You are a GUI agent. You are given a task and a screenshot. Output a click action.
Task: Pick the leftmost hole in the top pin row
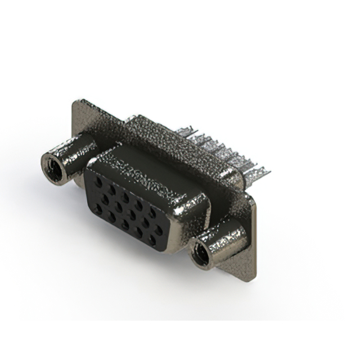click(x=100, y=181)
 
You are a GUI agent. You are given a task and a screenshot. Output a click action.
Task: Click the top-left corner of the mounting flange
click(x=75, y=102)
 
